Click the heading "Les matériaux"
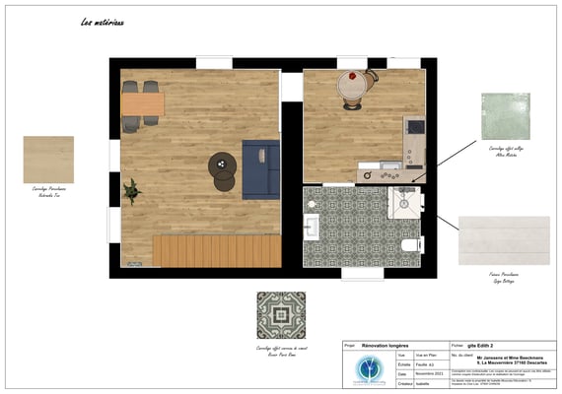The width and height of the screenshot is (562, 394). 102,22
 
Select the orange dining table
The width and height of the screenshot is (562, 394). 142,101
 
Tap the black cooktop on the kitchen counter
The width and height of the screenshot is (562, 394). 415,127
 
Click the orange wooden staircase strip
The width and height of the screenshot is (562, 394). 216,250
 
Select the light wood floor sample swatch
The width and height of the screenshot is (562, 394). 48,160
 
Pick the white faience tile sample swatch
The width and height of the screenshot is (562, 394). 504,240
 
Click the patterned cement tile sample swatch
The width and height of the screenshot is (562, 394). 281,315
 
